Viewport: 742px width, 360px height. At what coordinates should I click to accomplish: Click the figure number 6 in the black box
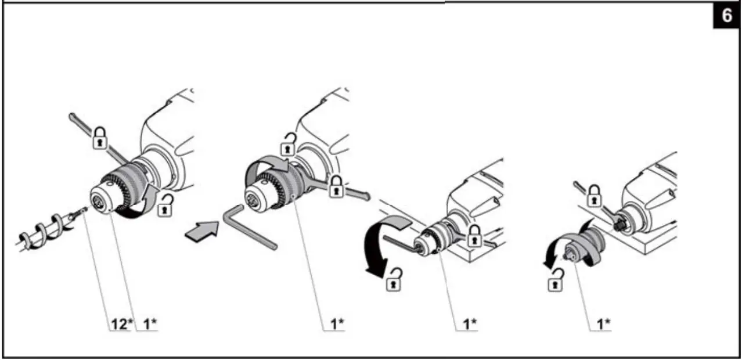(x=726, y=16)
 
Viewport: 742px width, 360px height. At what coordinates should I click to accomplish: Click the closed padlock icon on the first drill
(x=100, y=139)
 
